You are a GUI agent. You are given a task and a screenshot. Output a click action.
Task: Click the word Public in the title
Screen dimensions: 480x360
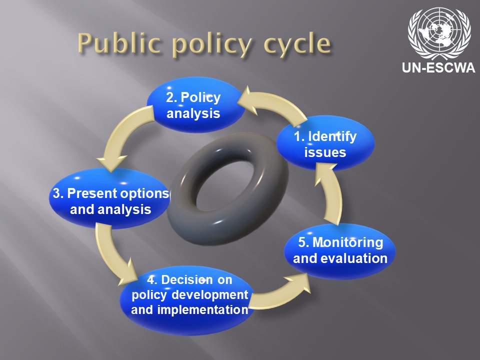pyautogui.click(x=119, y=43)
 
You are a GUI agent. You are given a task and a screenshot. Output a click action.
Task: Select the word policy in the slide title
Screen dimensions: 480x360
pyautogui.click(x=213, y=45)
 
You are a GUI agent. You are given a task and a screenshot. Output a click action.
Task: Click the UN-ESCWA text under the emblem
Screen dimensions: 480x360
pyautogui.click(x=438, y=67)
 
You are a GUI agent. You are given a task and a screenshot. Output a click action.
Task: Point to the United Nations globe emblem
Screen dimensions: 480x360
pyautogui.click(x=439, y=33)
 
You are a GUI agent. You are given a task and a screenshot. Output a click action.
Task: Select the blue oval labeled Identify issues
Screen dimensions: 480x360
pyautogui.click(x=325, y=142)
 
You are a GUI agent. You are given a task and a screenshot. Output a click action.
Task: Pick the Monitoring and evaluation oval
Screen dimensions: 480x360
pyautogui.click(x=340, y=251)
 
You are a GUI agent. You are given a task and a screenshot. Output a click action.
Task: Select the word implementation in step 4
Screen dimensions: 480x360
pyautogui.click(x=202, y=309)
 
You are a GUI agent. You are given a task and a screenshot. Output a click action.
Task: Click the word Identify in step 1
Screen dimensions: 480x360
pyautogui.click(x=332, y=136)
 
